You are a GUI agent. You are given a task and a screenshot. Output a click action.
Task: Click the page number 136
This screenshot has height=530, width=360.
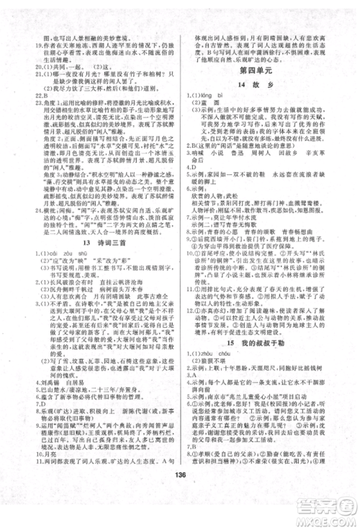[x=181, y=512]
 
